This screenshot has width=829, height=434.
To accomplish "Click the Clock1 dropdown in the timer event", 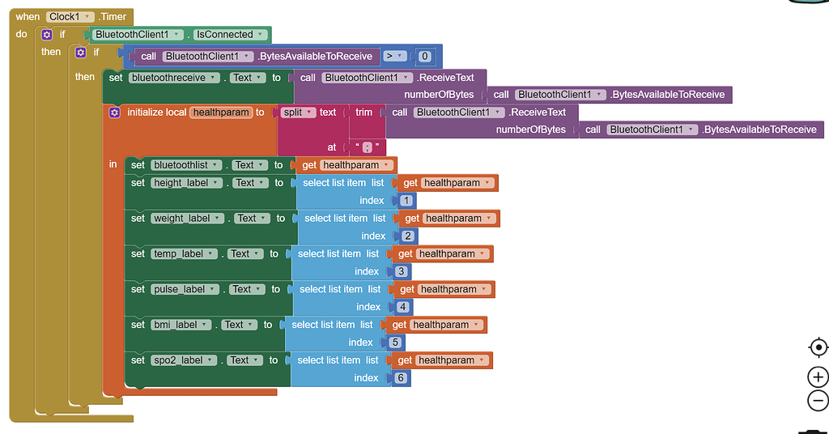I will pos(70,16).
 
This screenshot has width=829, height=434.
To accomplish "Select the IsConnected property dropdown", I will pos(229,34).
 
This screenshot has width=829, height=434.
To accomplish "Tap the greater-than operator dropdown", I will pos(394,56).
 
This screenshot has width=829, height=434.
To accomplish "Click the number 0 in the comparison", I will pos(425,57).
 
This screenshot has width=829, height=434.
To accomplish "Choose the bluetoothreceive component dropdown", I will pos(174,78).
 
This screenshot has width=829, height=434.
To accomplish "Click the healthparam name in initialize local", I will pos(220,113).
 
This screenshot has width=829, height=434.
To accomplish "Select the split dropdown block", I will pos(296,113).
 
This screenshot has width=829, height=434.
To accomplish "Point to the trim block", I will pos(364,113).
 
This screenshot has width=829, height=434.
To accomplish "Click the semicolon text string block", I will pos(368,147).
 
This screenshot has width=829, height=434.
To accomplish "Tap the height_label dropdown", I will pos(186,183).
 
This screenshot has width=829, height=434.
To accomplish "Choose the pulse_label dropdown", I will pos(185,289).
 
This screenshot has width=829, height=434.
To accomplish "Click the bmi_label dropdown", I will pos(181,325).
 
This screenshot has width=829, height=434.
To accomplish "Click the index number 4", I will pos(402,307).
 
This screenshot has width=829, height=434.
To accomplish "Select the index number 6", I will pos(401,378).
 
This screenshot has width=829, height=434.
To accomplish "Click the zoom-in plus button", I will pos(818,377).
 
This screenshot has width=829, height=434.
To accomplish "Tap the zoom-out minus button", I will pos(818,400).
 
